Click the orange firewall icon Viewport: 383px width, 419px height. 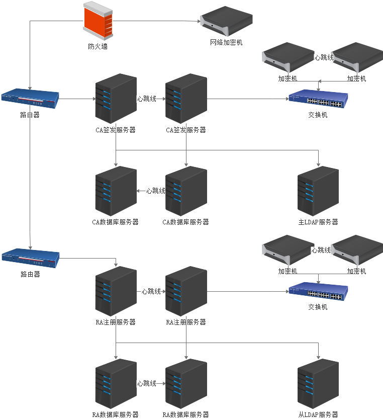click(x=98, y=20)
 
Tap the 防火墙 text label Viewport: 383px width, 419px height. click(x=98, y=46)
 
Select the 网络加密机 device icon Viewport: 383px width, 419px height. click(x=226, y=21)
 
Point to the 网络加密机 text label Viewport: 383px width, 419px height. click(x=226, y=43)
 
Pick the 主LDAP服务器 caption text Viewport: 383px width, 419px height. click(x=318, y=222)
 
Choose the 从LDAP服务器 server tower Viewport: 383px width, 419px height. click(x=318, y=384)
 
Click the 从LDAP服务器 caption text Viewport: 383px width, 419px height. click(x=318, y=414)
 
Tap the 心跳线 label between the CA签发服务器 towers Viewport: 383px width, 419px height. click(x=146, y=99)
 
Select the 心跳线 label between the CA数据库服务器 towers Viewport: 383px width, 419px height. click(x=156, y=191)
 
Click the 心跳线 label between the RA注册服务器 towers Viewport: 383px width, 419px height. click(x=151, y=291)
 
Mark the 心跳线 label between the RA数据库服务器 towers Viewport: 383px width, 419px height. click(x=146, y=384)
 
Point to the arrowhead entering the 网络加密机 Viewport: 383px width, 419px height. click(x=198, y=21)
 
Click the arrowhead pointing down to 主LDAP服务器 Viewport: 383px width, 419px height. click(x=318, y=164)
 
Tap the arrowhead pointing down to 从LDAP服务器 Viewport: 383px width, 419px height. click(x=318, y=357)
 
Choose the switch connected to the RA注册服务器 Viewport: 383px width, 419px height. click(x=318, y=292)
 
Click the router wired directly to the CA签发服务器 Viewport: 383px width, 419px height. click(x=30, y=99)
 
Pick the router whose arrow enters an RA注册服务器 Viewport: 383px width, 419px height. click(x=30, y=258)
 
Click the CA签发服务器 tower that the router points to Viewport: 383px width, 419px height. click(x=116, y=99)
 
